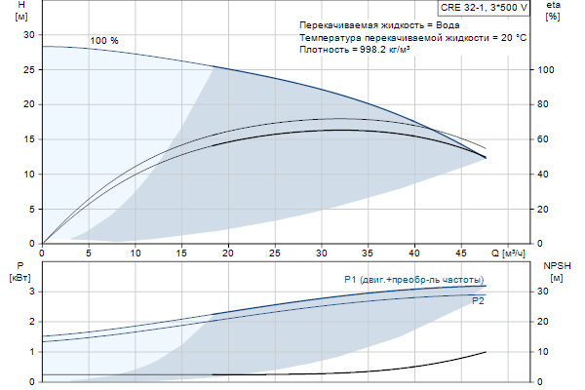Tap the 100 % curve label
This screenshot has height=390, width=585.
click(x=104, y=41)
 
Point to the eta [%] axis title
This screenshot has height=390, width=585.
click(x=553, y=12)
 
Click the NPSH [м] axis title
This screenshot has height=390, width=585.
click(x=556, y=270)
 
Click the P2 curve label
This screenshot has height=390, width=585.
click(x=478, y=301)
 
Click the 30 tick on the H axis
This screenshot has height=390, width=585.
click(x=28, y=34)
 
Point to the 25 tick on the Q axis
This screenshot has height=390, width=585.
click(x=276, y=253)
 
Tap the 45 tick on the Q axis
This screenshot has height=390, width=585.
click(x=462, y=253)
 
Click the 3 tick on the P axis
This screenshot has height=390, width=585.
click(x=31, y=291)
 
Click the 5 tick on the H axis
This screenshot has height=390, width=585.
click(x=31, y=209)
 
